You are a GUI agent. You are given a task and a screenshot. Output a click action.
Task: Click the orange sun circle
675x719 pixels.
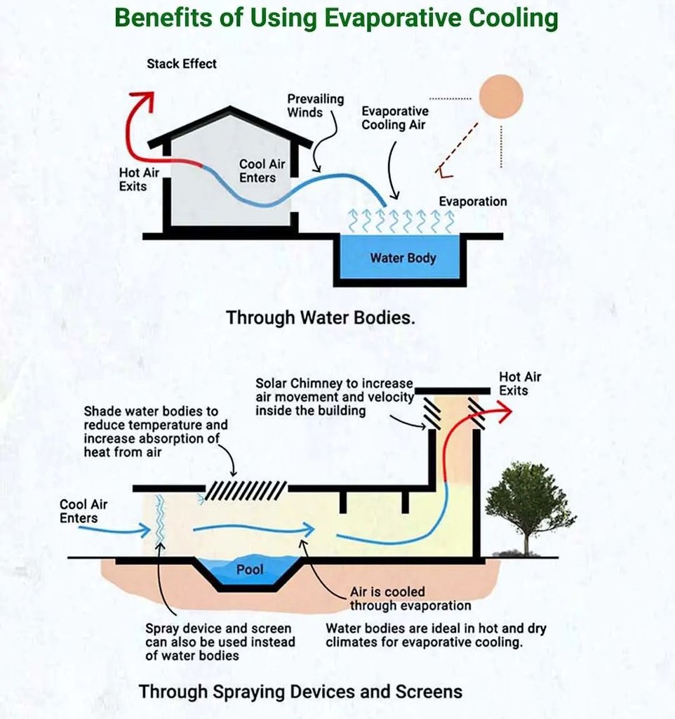[x=501, y=95]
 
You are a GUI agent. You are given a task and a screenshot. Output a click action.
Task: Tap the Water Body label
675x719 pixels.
[x=403, y=258]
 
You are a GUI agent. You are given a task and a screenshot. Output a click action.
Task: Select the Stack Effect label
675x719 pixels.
[x=182, y=64]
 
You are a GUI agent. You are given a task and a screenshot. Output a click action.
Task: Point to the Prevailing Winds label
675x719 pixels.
[x=315, y=105]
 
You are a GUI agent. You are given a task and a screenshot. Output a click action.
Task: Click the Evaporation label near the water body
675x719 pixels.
[x=472, y=202]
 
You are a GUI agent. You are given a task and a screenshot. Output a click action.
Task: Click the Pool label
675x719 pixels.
[x=250, y=569]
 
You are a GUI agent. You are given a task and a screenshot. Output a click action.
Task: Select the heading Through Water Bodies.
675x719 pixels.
[x=321, y=317]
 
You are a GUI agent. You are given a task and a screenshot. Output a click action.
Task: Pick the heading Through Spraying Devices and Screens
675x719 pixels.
[x=300, y=691]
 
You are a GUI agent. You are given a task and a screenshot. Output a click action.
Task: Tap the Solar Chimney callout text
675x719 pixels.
[x=334, y=397]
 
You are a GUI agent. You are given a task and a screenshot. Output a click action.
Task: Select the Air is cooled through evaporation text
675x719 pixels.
[x=410, y=599]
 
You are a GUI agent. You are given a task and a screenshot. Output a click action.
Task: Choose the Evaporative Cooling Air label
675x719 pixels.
[x=394, y=117]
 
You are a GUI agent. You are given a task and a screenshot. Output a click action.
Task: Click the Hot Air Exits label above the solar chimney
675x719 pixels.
[x=519, y=383]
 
